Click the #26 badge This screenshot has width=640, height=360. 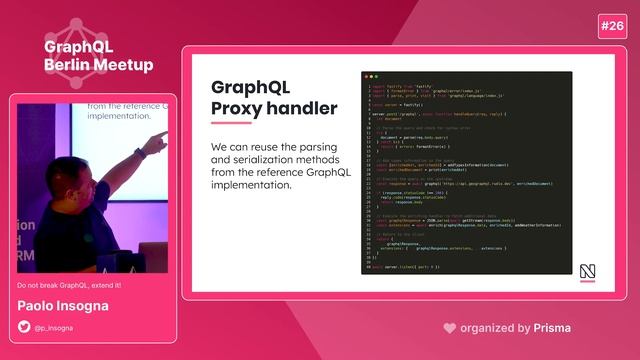point(612,26)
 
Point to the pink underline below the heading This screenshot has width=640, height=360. point(231,124)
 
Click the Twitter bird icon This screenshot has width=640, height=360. point(25,327)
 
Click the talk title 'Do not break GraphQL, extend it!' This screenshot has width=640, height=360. point(69,286)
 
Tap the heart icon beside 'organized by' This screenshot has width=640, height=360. point(450,327)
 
